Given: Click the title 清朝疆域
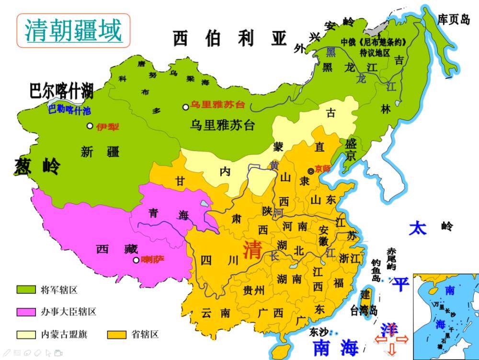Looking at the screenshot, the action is (x=73, y=30).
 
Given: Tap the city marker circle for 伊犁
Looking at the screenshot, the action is (x=90, y=126).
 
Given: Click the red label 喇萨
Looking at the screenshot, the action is (x=153, y=260).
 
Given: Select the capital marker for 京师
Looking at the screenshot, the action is (x=311, y=171).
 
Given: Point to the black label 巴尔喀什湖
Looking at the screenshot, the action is (x=61, y=90).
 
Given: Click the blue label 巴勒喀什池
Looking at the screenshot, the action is (x=69, y=110).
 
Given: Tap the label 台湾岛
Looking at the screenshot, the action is (x=364, y=310).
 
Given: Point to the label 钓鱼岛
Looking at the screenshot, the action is (x=376, y=270).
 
